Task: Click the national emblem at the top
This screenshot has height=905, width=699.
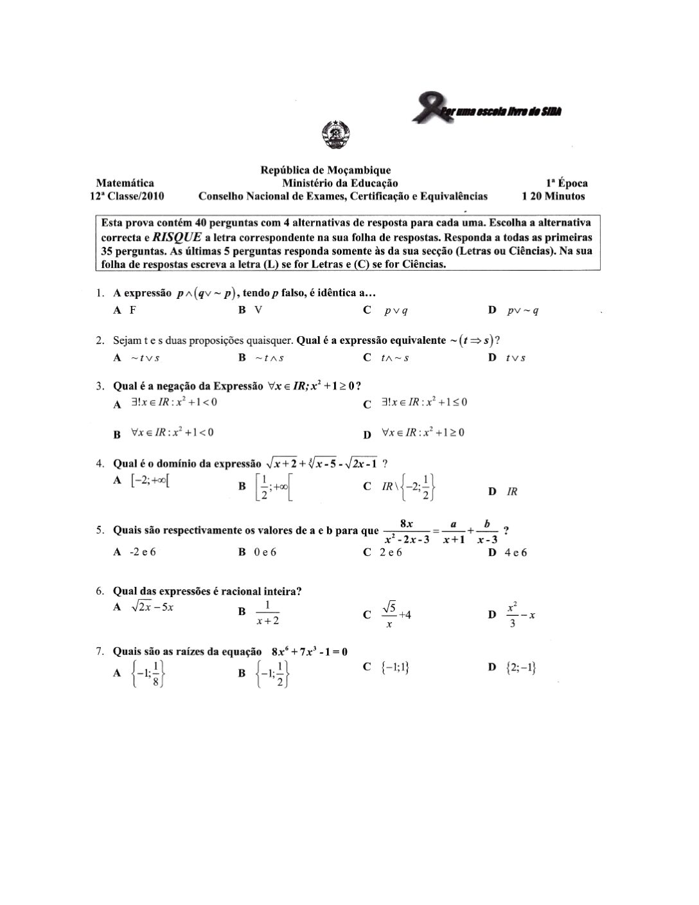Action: tap(334, 134)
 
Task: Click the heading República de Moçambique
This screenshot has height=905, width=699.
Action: tap(325, 170)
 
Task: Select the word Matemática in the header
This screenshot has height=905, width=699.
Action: tap(125, 183)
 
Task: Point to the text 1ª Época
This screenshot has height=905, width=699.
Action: tap(566, 183)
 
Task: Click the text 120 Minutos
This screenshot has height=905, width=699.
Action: tap(553, 196)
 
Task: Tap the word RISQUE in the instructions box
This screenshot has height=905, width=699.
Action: tap(177, 237)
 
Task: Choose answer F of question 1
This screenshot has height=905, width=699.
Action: tap(132, 310)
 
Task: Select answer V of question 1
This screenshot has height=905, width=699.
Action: tap(258, 310)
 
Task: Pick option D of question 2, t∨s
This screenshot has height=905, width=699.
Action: tap(515, 358)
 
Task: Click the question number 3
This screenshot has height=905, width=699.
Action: tap(100, 386)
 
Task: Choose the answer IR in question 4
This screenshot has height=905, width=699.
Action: tap(512, 492)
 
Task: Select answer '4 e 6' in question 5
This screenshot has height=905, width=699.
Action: tap(516, 553)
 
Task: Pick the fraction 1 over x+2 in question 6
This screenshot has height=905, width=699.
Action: tap(267, 613)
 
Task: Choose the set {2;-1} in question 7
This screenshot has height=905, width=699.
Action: tap(521, 668)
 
